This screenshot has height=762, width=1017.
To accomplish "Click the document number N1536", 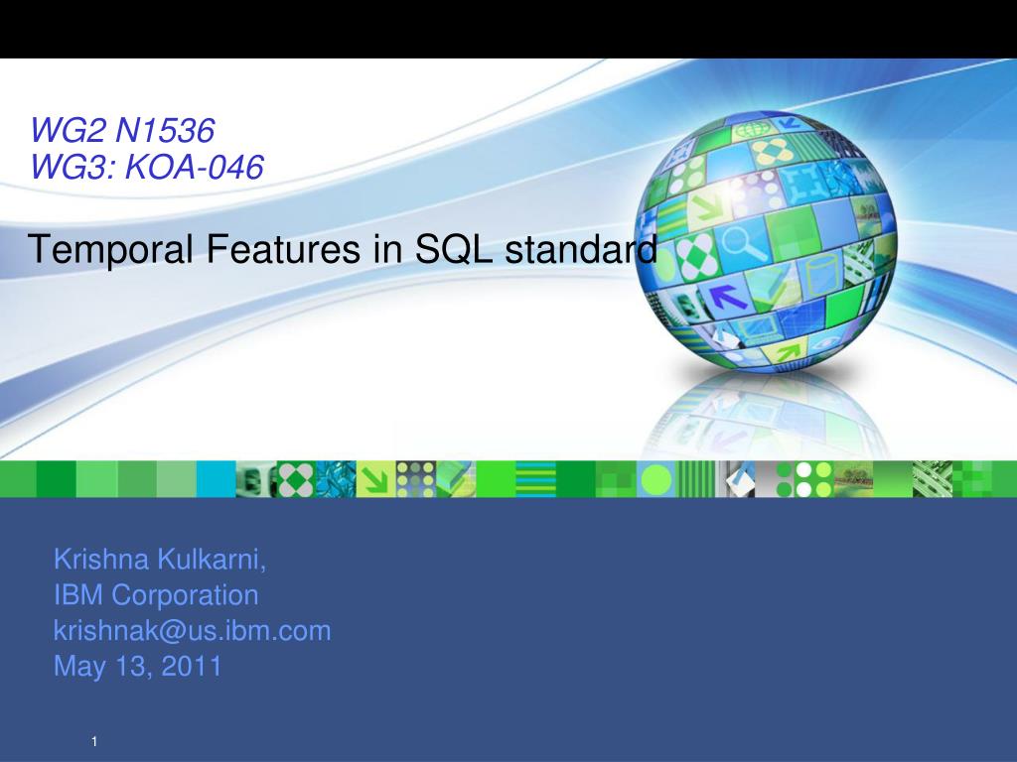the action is tap(164, 130).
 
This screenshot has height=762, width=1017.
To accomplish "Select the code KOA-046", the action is tap(194, 167).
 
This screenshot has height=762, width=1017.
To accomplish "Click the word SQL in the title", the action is tap(453, 249).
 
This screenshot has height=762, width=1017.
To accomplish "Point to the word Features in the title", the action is tap(283, 249).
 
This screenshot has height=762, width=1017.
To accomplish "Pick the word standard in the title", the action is tap(581, 249).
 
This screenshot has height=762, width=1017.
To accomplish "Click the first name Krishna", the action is tap(102, 559).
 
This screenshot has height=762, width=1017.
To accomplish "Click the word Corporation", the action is tap(185, 596).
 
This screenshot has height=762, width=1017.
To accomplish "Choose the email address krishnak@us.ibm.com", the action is tap(192, 630).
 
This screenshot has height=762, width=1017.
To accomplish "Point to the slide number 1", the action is tap(94, 741).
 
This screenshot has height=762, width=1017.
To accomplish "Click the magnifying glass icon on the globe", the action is tap(743, 245).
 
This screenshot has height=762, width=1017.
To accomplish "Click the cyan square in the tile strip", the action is tap(216, 479).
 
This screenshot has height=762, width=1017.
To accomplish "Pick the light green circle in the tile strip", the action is tap(656, 480).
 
